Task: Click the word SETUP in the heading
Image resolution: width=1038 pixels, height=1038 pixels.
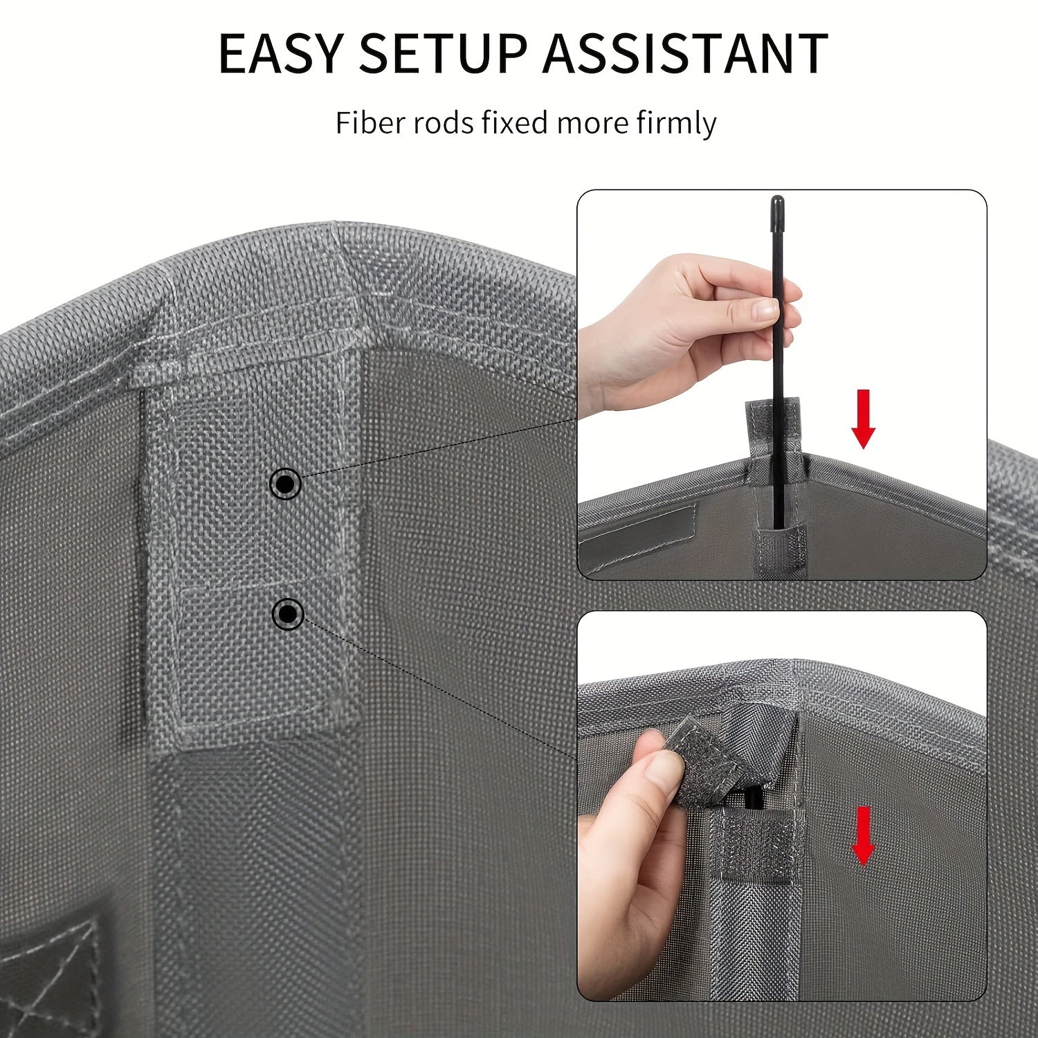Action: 443,53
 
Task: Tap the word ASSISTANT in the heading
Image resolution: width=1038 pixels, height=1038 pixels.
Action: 685,53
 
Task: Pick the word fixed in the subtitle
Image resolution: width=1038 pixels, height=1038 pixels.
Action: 516,123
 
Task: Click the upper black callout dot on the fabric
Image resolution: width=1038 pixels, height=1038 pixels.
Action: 285,484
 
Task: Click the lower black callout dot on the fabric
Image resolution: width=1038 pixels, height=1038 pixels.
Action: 287,613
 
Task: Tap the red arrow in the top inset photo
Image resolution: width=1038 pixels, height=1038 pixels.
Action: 863,419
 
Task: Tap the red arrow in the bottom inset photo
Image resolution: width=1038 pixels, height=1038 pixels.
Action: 863,835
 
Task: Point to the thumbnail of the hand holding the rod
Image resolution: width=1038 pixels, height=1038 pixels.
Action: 758,311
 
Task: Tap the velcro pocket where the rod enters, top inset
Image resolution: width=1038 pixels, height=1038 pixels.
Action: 778,547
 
